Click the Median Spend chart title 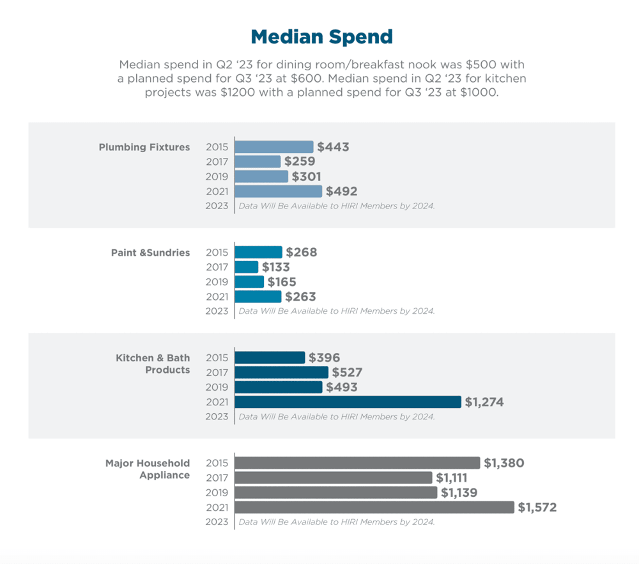pyautogui.click(x=321, y=36)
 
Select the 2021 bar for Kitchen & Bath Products pyautogui.click(x=348, y=402)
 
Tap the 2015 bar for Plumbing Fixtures pyautogui.click(x=274, y=147)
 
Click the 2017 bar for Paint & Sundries pyautogui.click(x=247, y=267)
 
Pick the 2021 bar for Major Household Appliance pyautogui.click(x=374, y=507)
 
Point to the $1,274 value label pyautogui.click(x=484, y=402)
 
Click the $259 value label pyautogui.click(x=300, y=162)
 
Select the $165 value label pyautogui.click(x=282, y=282)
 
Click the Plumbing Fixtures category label pyautogui.click(x=144, y=147)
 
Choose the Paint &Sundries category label pyautogui.click(x=150, y=253)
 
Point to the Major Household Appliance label pyautogui.click(x=148, y=469)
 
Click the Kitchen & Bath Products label pyautogui.click(x=153, y=364)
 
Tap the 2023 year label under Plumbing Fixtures pyautogui.click(x=217, y=206)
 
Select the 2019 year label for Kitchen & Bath pyautogui.click(x=217, y=388)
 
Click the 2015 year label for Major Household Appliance pyautogui.click(x=217, y=463)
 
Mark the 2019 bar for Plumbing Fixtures pyautogui.click(x=261, y=176)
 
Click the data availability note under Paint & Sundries pyautogui.click(x=337, y=311)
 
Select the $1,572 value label pyautogui.click(x=537, y=508)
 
